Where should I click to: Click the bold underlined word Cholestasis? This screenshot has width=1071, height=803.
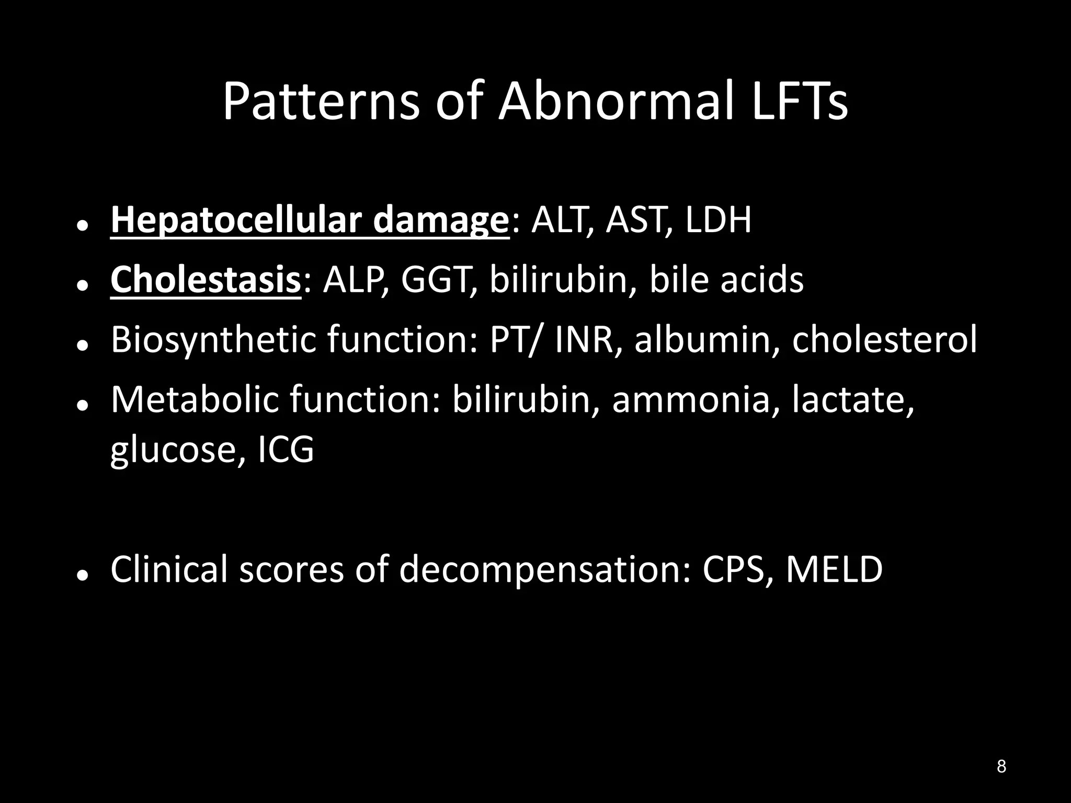[x=206, y=280]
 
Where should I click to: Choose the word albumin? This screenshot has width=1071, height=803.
[x=707, y=340]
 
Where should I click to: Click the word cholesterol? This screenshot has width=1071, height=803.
[x=884, y=340]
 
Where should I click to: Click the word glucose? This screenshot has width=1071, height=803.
[x=177, y=450]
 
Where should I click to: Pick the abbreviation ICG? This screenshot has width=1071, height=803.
[x=286, y=450]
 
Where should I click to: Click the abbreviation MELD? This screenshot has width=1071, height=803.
[x=834, y=569]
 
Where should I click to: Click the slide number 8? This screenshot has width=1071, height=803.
[x=1001, y=766]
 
